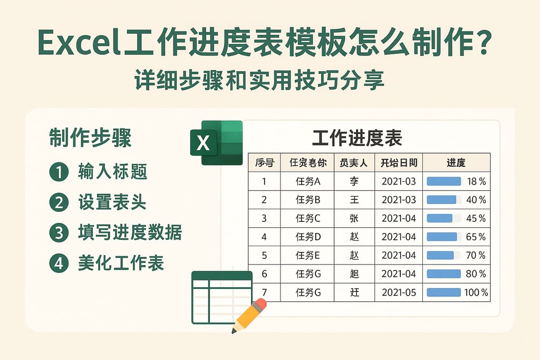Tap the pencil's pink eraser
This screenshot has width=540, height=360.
coord(259,305)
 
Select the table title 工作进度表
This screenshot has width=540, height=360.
coord(357,138)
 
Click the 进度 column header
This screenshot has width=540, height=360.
coord(456,162)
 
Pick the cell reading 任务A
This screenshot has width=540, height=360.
coord(308,181)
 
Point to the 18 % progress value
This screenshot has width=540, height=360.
coord(476,181)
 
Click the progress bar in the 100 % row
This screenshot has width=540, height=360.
coord(443,292)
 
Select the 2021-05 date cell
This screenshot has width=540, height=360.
coord(399,292)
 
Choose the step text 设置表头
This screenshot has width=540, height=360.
coord(112,202)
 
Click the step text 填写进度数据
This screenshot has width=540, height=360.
coord(129,232)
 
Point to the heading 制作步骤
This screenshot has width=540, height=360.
coord(90,138)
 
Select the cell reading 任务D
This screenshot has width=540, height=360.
coord(308,237)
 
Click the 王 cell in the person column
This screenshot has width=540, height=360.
coord(354,200)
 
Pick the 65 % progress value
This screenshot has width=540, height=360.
coord(476,237)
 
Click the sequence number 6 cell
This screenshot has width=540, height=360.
coord(264,274)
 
